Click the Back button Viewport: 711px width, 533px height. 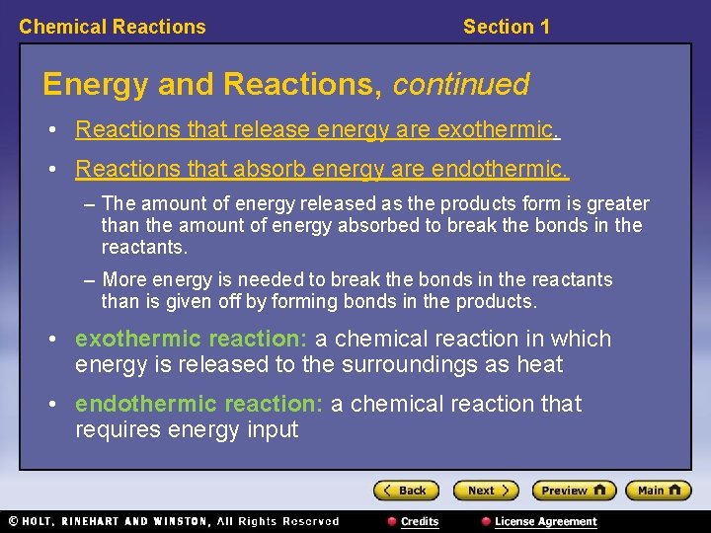[406, 491]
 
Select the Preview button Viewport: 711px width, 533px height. [573, 491]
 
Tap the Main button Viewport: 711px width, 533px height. [659, 491]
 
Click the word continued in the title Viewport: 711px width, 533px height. [461, 84]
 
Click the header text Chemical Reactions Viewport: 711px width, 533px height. [113, 27]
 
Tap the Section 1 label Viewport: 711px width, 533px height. [507, 27]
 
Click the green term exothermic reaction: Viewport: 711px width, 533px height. [192, 339]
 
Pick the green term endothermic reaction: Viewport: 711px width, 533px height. [199, 404]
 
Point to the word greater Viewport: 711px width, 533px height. [616, 204]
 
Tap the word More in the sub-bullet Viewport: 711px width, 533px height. [123, 280]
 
